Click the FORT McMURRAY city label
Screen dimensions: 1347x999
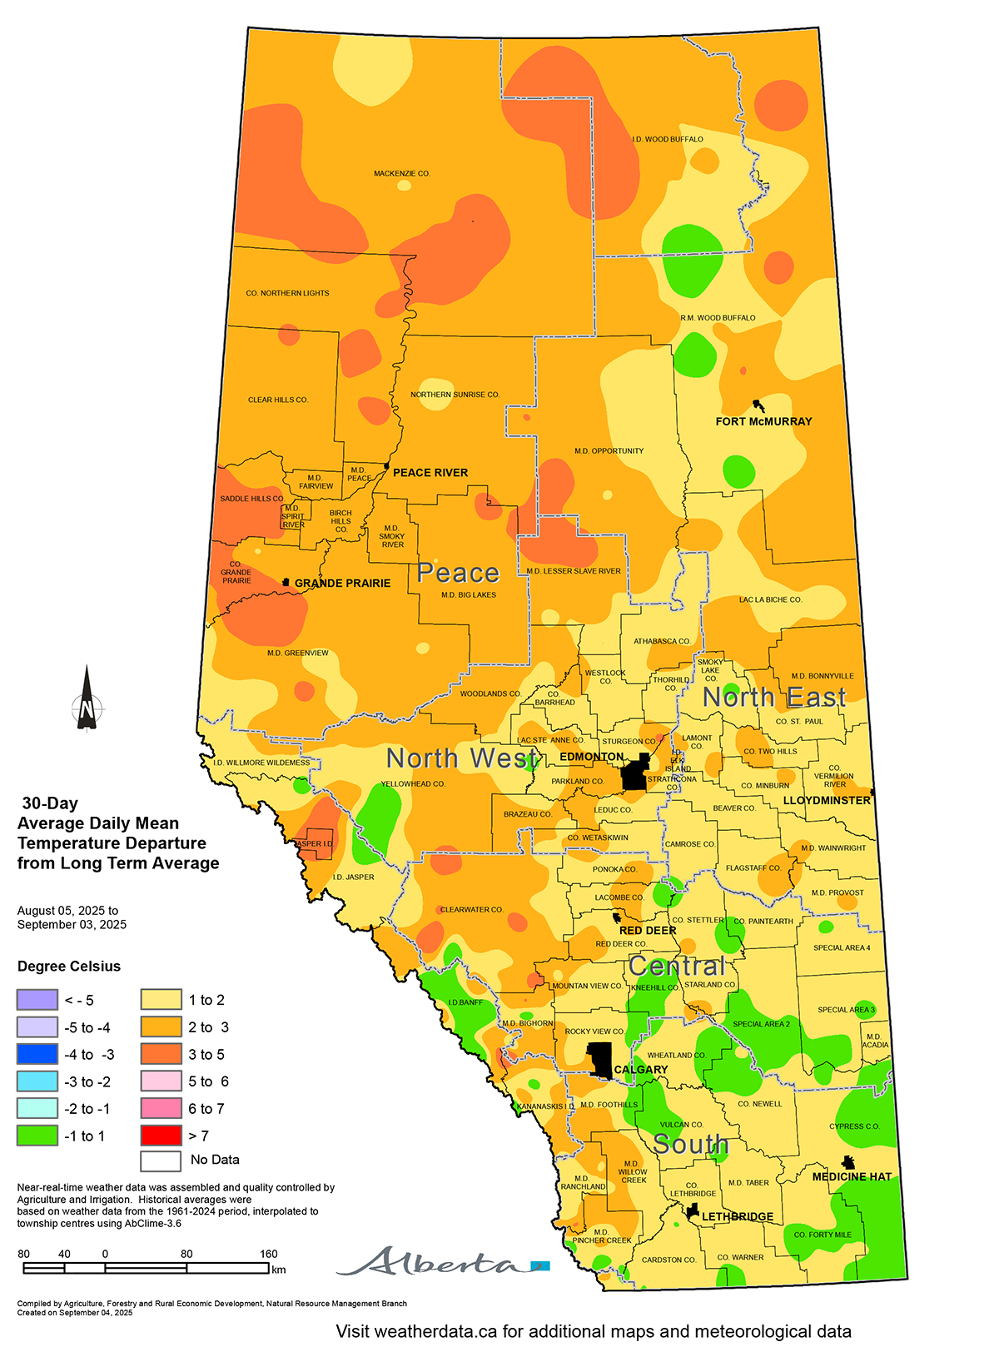coord(763,421)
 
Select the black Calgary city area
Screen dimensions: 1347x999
coord(600,1059)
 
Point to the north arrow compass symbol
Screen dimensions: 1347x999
coord(87,700)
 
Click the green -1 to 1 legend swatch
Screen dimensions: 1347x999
coord(37,1136)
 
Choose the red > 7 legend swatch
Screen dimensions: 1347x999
coord(161,1136)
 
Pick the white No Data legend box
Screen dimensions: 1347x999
coord(161,1160)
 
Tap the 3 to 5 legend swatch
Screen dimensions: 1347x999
coord(161,1054)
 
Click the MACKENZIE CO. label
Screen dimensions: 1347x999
coord(401,174)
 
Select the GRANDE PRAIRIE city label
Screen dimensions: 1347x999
coord(342,584)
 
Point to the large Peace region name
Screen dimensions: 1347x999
coord(458,574)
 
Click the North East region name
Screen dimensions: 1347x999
coord(774,698)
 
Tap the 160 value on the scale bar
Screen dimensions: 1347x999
coord(268,1254)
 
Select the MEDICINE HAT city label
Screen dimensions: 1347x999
coord(852,1176)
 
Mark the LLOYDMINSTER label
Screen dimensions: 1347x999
coord(827,800)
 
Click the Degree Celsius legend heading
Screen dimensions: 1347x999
coord(69,967)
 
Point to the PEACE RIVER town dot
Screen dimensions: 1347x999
coord(387,466)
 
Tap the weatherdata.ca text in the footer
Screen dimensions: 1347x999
coord(433,1331)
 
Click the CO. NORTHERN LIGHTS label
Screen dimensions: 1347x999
coord(287,293)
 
